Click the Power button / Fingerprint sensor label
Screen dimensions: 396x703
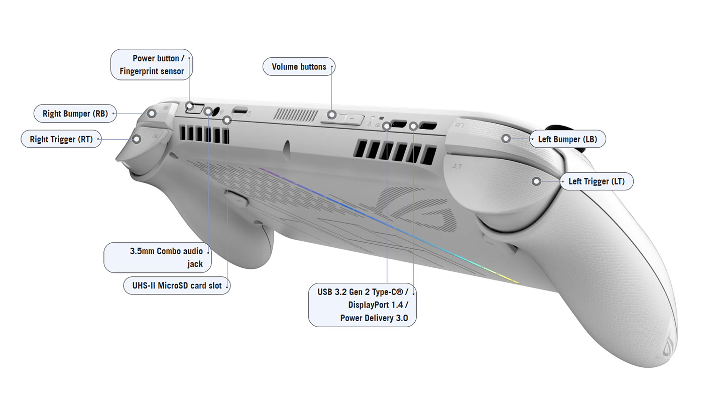pos(151,65)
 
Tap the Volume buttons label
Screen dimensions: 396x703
pos(299,67)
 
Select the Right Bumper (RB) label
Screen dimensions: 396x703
pos(75,114)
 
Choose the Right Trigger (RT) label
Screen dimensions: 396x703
pos(61,139)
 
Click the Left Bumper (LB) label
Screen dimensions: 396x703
pos(567,139)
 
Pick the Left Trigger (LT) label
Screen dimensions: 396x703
pos(597,181)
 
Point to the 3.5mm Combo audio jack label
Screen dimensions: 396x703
pos(158,257)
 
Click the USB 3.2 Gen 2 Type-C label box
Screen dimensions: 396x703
pos(362,305)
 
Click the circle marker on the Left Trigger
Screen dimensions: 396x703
pos(536,181)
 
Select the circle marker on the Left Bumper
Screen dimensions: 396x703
pos(506,138)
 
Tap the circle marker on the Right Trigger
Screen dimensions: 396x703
pos(136,139)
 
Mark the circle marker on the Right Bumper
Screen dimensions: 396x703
pos(151,114)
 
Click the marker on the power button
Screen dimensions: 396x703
pos(189,106)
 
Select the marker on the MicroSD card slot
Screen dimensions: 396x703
pos(227,120)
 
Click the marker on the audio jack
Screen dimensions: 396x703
pos(208,112)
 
